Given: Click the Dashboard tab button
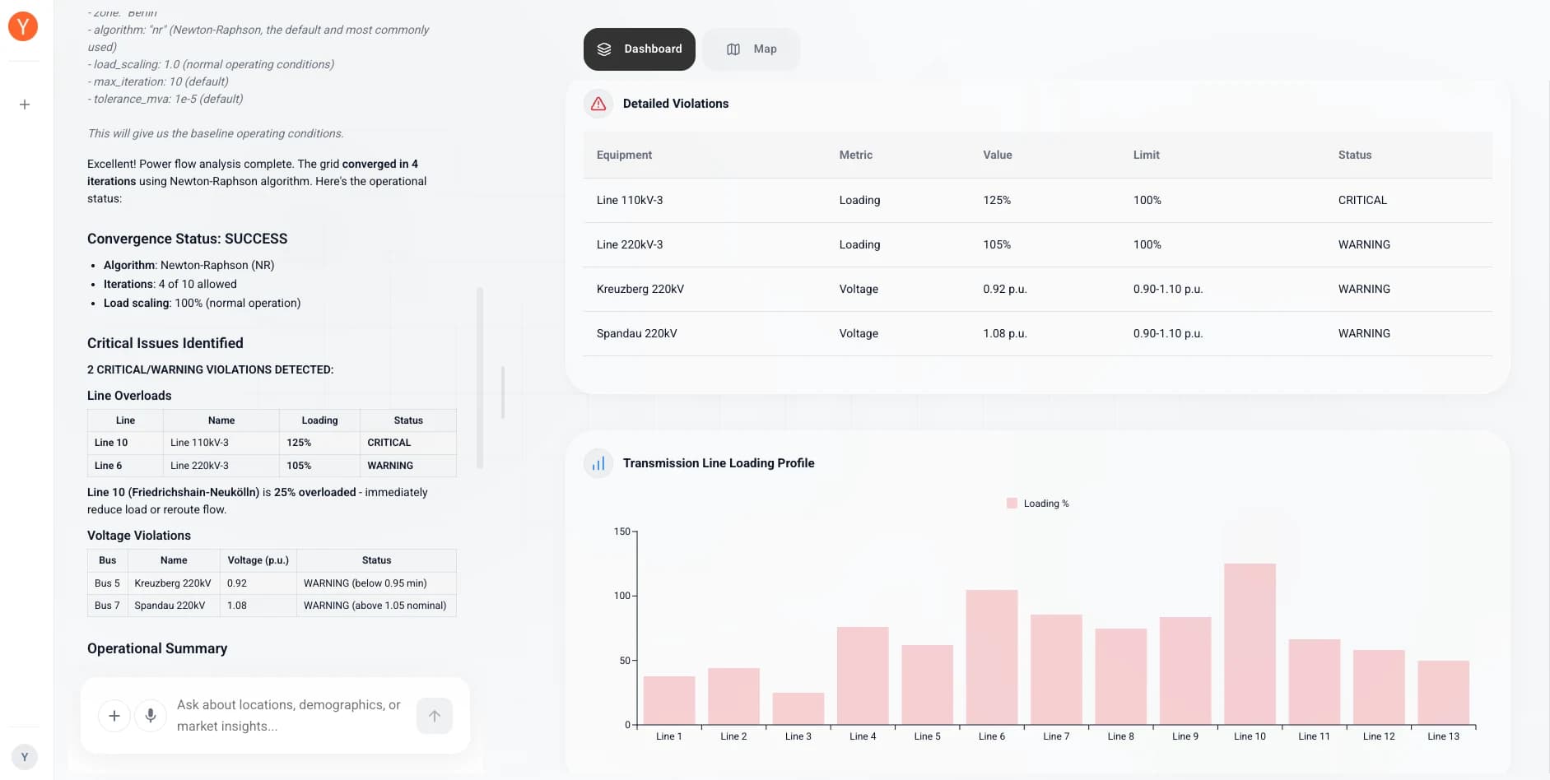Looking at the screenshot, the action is (x=639, y=49).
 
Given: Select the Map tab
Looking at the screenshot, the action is (x=751, y=49).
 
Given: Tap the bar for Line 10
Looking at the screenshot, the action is (x=1250, y=644).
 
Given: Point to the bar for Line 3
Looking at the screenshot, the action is (x=798, y=709).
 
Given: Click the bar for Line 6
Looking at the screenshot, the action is (x=991, y=657).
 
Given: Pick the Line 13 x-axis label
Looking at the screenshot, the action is (x=1443, y=736).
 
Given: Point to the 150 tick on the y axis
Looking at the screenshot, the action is (x=622, y=532).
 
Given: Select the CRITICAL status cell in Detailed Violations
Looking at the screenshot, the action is (x=1362, y=200).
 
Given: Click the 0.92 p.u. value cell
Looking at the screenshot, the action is (x=1004, y=289).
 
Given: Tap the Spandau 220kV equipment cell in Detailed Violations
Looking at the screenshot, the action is (x=636, y=333).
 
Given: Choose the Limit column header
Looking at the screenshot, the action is (x=1146, y=155).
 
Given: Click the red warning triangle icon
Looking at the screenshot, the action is (x=598, y=104).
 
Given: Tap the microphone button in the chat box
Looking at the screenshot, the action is (x=151, y=716).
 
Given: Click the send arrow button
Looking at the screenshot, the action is (x=435, y=716).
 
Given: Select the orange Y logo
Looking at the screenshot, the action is (x=23, y=26).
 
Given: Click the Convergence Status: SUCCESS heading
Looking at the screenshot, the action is (x=187, y=239).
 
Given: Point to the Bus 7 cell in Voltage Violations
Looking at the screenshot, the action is (x=107, y=606).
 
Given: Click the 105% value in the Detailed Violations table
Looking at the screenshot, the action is (x=997, y=244).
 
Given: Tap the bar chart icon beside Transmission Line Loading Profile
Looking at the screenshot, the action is (x=598, y=463).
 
